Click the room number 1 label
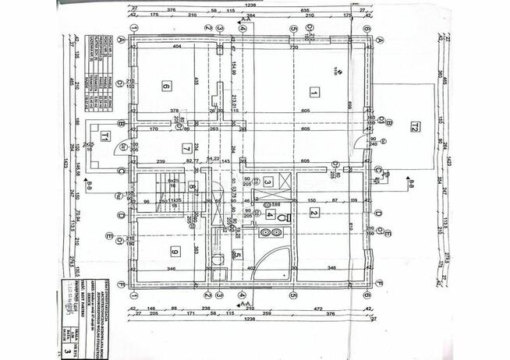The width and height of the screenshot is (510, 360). [313, 92]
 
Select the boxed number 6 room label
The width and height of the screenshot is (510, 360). [166, 86]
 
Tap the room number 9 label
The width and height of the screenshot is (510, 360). [173, 251]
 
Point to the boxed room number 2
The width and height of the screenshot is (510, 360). [313, 213]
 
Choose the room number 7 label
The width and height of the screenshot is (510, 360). [186, 148]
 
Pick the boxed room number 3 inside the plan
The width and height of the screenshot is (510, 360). [267, 182]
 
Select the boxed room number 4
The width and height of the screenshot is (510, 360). [270, 214]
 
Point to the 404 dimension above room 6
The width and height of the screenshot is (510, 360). [177, 48]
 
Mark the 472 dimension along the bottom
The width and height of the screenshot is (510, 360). [318, 309]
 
